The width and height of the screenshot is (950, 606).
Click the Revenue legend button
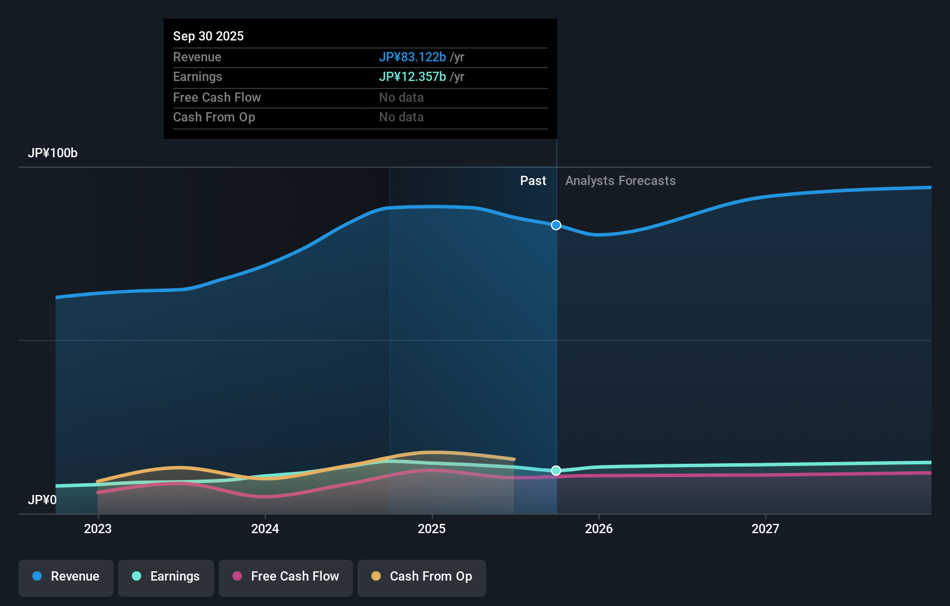tap(66, 577)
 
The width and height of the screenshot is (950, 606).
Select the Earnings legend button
tap(166, 577)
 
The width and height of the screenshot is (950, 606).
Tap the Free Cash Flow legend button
tap(286, 577)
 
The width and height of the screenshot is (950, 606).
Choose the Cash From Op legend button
tap(422, 577)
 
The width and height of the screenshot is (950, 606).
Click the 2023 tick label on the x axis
tap(98, 529)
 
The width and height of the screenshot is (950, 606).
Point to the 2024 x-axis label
tap(265, 529)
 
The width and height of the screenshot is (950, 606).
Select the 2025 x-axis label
tap(432, 529)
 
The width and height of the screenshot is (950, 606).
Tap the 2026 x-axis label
tap(599, 529)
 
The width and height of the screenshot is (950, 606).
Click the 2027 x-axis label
tap(765, 529)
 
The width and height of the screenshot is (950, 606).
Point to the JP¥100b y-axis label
tap(53, 153)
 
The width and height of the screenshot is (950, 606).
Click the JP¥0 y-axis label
tap(42, 500)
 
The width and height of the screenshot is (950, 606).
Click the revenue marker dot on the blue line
tap(556, 225)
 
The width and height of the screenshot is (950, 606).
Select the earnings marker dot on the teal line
tap(556, 471)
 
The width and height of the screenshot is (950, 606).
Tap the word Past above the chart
tap(533, 181)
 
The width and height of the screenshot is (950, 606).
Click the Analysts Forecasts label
tap(620, 181)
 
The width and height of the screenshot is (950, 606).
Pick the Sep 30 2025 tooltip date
tap(208, 36)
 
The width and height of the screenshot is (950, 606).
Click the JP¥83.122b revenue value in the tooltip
tap(413, 57)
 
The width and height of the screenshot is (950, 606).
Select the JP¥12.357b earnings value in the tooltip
tap(413, 77)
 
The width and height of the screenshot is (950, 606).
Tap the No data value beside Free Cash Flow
tap(402, 97)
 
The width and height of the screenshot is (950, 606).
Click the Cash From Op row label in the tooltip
tap(214, 117)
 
